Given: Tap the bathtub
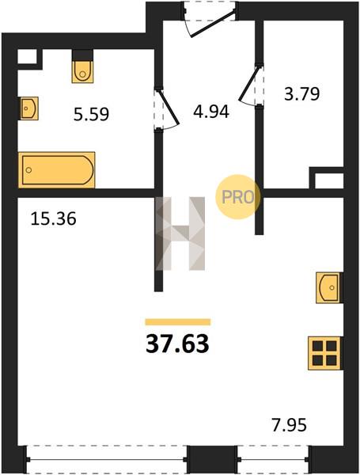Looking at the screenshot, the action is pyautogui.click(x=57, y=170).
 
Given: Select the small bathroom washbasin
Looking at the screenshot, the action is pyautogui.click(x=29, y=108).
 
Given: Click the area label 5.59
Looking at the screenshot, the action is pyautogui.click(x=91, y=115).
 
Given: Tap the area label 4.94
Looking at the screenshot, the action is pyautogui.click(x=211, y=112).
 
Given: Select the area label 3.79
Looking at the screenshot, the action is pyautogui.click(x=302, y=93).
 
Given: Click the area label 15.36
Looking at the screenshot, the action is pyautogui.click(x=53, y=218).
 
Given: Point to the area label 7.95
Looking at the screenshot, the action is pyautogui.click(x=289, y=424).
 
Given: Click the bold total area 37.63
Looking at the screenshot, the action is pyautogui.click(x=177, y=344).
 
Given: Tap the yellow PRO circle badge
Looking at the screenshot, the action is pyautogui.click(x=237, y=197).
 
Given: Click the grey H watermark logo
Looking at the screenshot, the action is pyautogui.click(x=180, y=234).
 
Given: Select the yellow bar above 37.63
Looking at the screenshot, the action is pyautogui.click(x=178, y=321).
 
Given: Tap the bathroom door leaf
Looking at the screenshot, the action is pyautogui.click(x=169, y=107).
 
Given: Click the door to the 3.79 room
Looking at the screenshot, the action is pyautogui.click(x=249, y=84).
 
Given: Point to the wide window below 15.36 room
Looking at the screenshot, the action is pyautogui.click(x=107, y=459).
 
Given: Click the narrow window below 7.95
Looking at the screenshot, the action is pyautogui.click(x=273, y=459).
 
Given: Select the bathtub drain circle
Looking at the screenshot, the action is pyautogui.click(x=28, y=170).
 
